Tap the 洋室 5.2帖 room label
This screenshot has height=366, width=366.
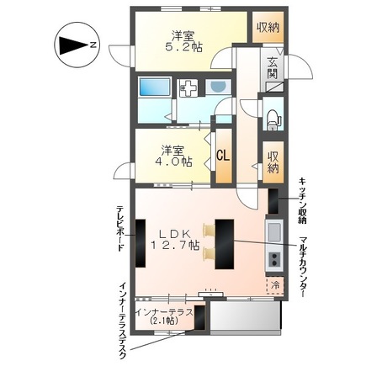183,41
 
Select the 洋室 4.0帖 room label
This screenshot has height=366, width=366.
172,156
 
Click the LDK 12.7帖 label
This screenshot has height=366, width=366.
176,239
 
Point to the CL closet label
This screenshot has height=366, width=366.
224,156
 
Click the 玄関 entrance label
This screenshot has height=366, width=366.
272,69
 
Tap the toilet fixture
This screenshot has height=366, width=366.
273,119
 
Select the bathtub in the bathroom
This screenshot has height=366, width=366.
155,87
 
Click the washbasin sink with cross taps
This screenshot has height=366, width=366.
188,87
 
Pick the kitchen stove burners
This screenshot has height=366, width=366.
274,260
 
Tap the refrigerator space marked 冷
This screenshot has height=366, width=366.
275,285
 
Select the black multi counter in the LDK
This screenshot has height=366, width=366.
225,244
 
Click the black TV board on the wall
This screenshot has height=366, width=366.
141,243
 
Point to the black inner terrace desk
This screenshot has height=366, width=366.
199,317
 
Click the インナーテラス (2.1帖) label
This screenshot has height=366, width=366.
164,316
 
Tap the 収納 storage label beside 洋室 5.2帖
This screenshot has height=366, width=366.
268,28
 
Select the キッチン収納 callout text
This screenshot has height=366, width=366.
303,200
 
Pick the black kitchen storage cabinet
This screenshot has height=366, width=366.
273,201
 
